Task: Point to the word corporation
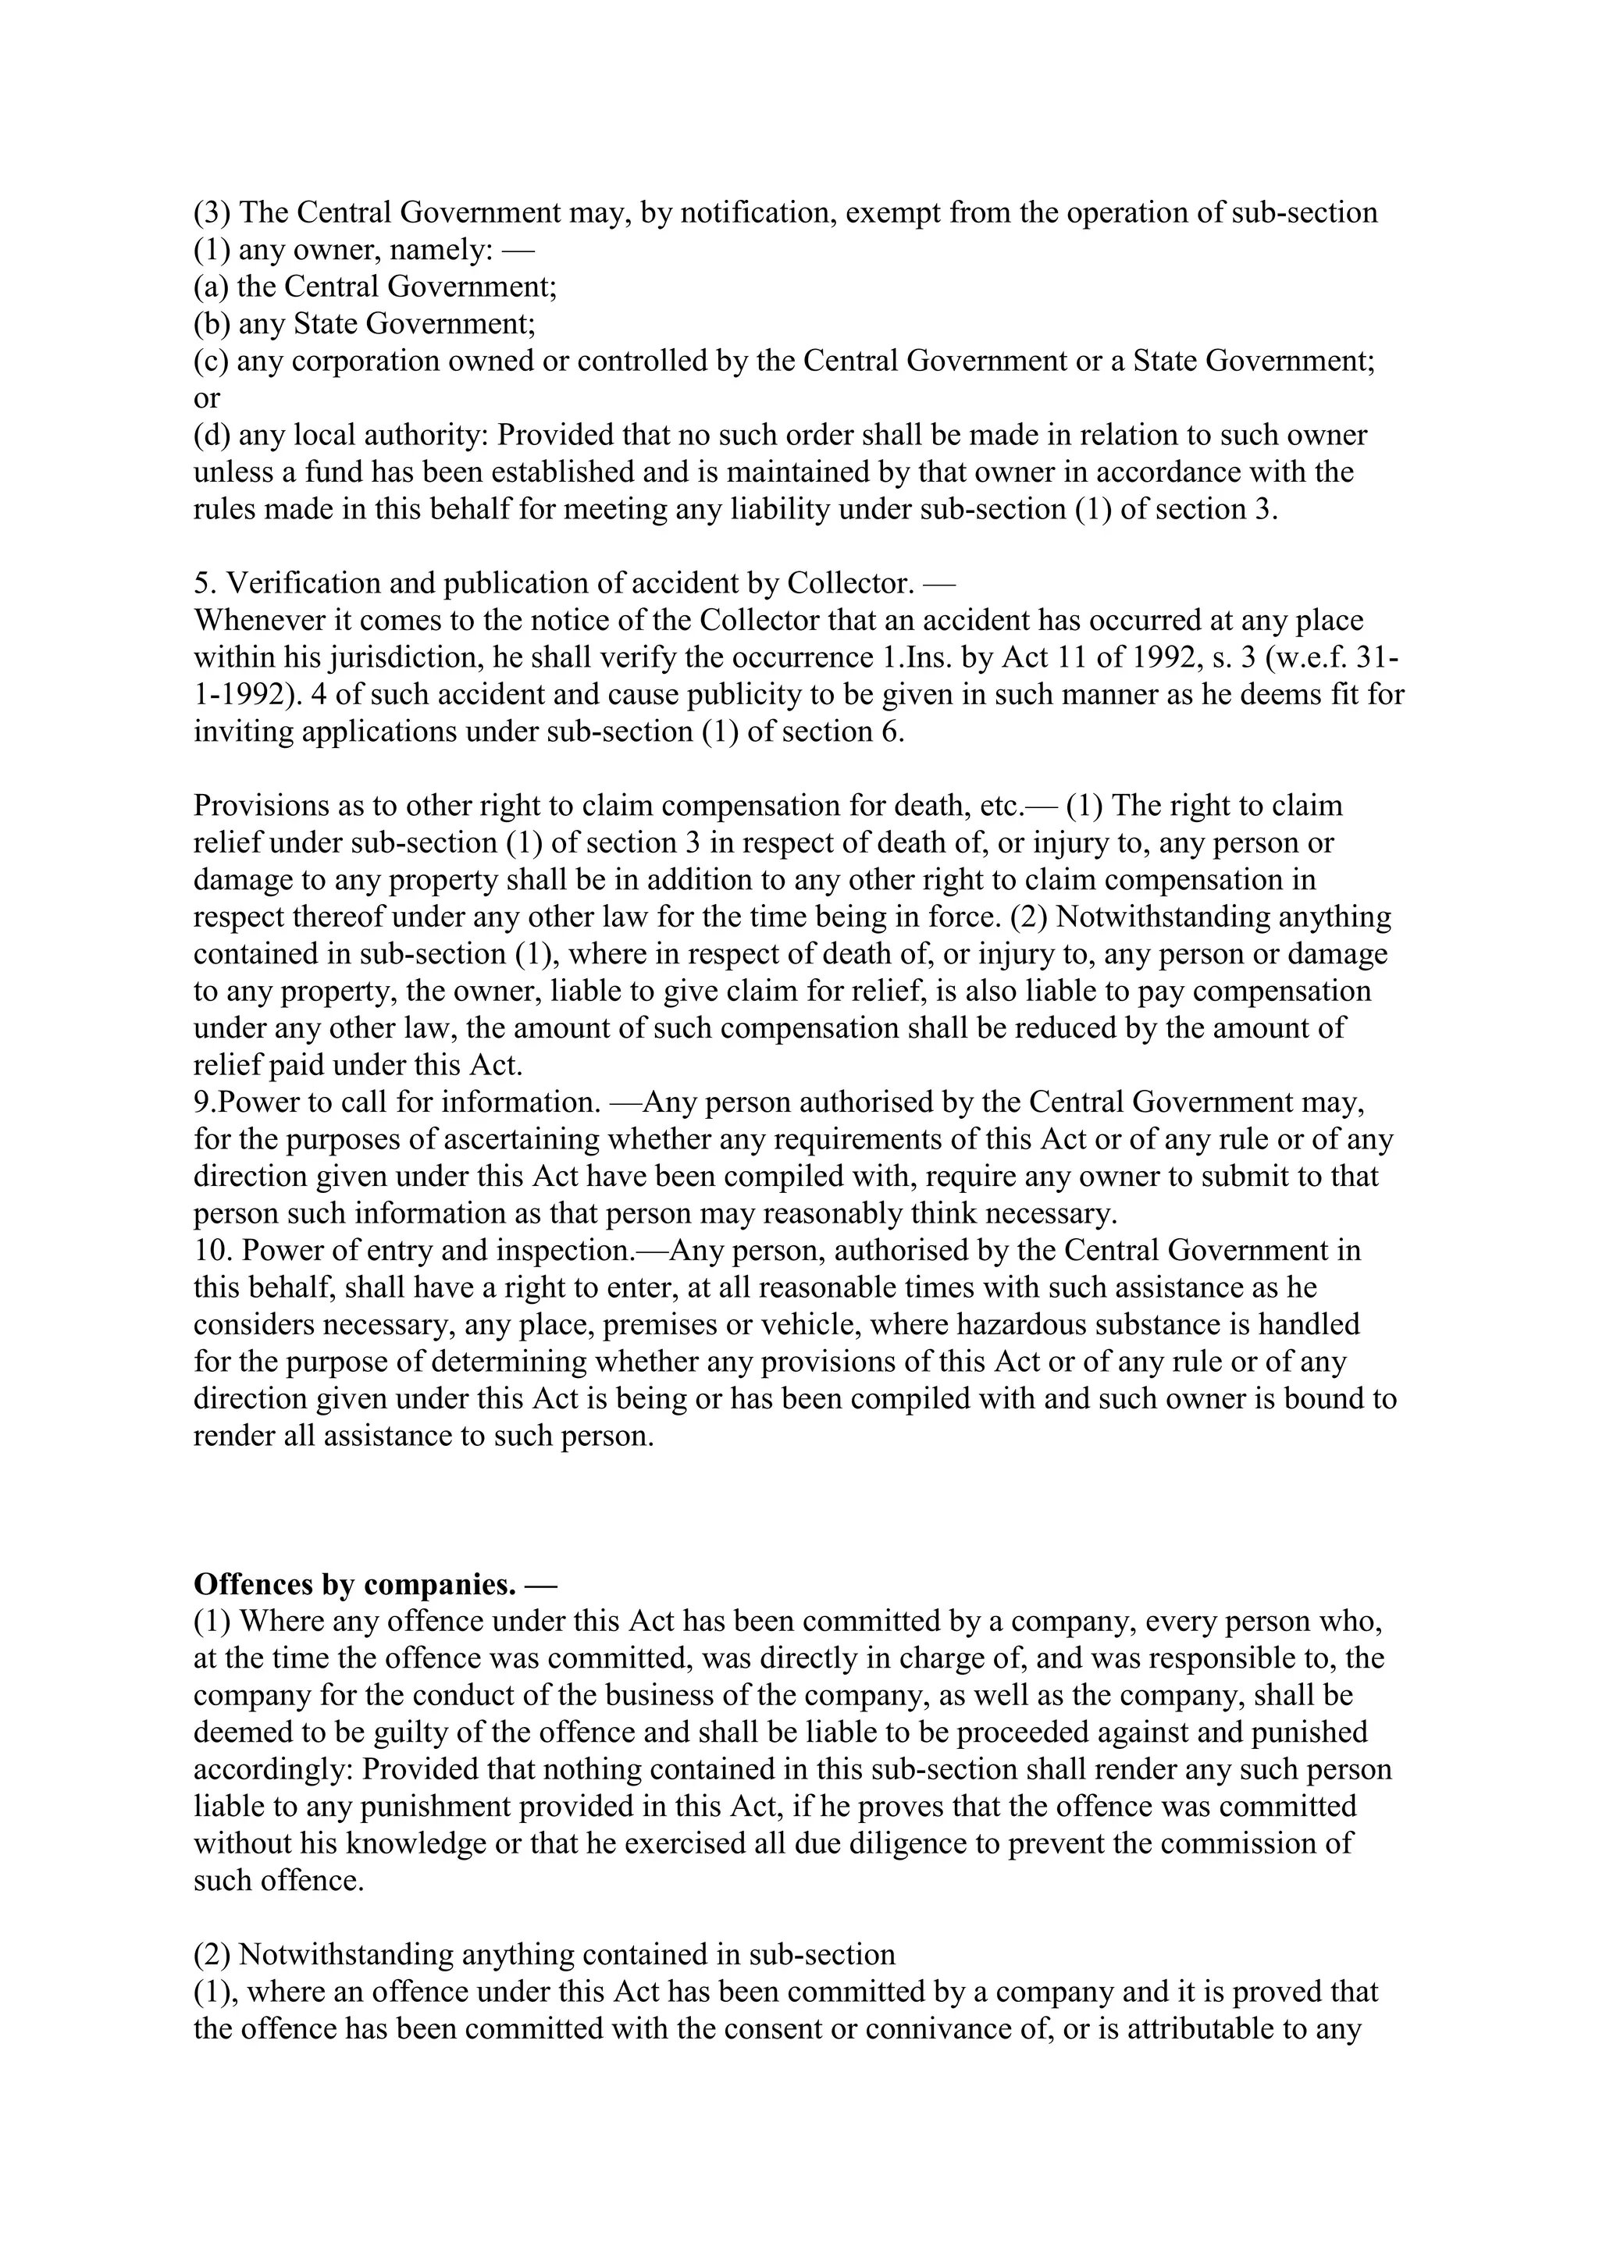pos(365,361)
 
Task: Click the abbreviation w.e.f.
pos(1316,658)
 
